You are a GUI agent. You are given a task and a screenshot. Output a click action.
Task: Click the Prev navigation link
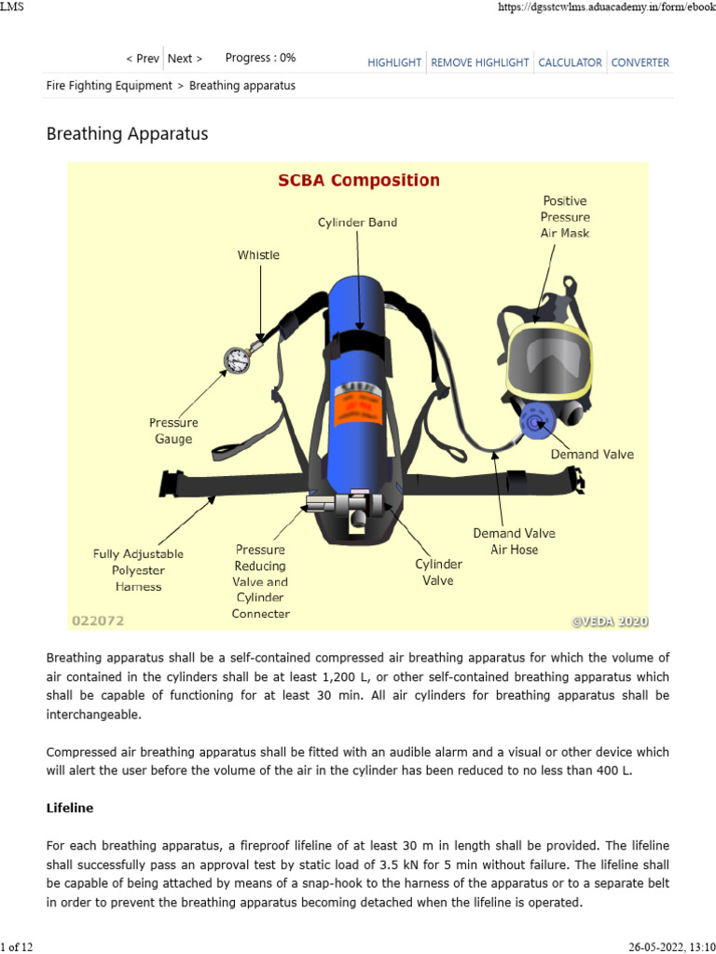(143, 58)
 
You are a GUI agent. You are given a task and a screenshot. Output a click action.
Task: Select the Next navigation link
(185, 58)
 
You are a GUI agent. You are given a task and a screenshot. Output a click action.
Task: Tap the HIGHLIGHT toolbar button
(395, 62)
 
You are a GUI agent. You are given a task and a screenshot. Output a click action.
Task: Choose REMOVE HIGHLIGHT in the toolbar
(479, 62)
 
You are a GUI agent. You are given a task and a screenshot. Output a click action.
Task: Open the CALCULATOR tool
(570, 62)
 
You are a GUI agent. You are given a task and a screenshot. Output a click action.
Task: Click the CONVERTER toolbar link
(640, 62)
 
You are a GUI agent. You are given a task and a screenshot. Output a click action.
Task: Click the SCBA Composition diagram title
(359, 180)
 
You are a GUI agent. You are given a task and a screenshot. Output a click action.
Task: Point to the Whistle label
(258, 254)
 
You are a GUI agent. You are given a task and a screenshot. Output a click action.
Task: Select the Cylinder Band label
(357, 222)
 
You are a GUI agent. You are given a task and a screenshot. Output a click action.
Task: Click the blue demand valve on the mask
(535, 424)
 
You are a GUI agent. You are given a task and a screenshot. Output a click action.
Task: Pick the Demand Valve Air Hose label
(514, 541)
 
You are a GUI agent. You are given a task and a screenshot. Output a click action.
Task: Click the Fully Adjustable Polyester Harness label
(138, 570)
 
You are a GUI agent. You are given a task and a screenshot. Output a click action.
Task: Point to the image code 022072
(98, 620)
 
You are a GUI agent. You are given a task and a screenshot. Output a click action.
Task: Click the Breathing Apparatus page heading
(127, 134)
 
